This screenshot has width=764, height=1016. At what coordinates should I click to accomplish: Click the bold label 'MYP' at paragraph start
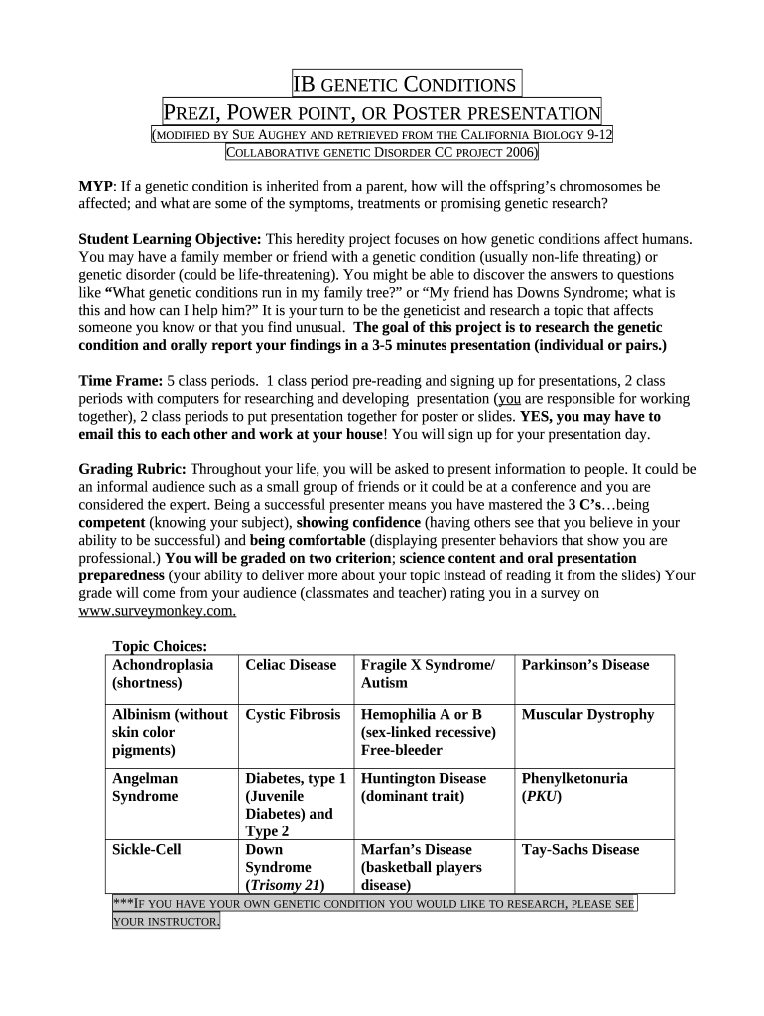pyautogui.click(x=96, y=187)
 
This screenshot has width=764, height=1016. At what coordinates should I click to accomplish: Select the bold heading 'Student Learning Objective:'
pyautogui.click(x=170, y=240)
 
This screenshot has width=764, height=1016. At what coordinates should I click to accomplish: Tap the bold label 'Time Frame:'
pyautogui.click(x=120, y=381)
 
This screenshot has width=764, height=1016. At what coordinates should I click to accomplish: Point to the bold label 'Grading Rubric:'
pyautogui.click(x=132, y=468)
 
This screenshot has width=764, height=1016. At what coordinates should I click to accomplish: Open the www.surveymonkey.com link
pyautogui.click(x=157, y=611)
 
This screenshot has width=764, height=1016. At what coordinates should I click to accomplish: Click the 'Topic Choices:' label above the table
pyautogui.click(x=159, y=647)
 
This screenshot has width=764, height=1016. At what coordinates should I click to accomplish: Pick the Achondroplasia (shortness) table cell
pyautogui.click(x=161, y=674)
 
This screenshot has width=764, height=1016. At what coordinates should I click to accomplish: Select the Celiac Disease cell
pyautogui.click(x=291, y=665)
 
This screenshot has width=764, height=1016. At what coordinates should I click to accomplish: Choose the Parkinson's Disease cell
pyautogui.click(x=584, y=665)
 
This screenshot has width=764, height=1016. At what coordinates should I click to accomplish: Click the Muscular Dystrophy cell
pyautogui.click(x=587, y=715)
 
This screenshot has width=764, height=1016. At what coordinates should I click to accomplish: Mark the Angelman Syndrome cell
pyautogui.click(x=146, y=787)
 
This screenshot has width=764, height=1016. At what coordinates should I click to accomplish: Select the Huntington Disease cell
pyautogui.click(x=424, y=779)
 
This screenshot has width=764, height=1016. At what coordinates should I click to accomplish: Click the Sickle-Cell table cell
pyautogui.click(x=147, y=850)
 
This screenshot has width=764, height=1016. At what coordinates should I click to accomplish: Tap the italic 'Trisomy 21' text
pyautogui.click(x=288, y=885)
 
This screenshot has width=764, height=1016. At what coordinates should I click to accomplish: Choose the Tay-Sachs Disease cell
pyautogui.click(x=580, y=850)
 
